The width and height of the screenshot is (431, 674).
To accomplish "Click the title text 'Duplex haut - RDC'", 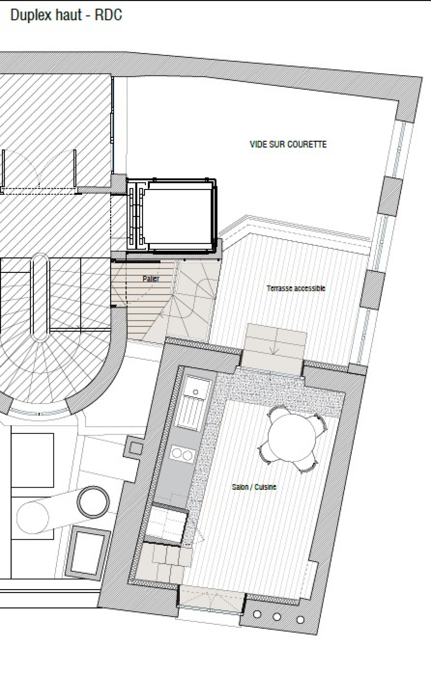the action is tap(66, 15).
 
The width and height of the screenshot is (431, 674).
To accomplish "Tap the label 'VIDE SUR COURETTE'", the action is tap(288, 144).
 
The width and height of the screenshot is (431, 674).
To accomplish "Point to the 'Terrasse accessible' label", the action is tap(296, 288).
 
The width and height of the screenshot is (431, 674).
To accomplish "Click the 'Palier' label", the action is tap(151, 279).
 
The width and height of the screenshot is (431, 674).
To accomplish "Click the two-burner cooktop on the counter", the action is tap(182, 454).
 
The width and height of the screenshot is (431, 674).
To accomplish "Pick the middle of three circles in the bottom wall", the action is tap(277, 617).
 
